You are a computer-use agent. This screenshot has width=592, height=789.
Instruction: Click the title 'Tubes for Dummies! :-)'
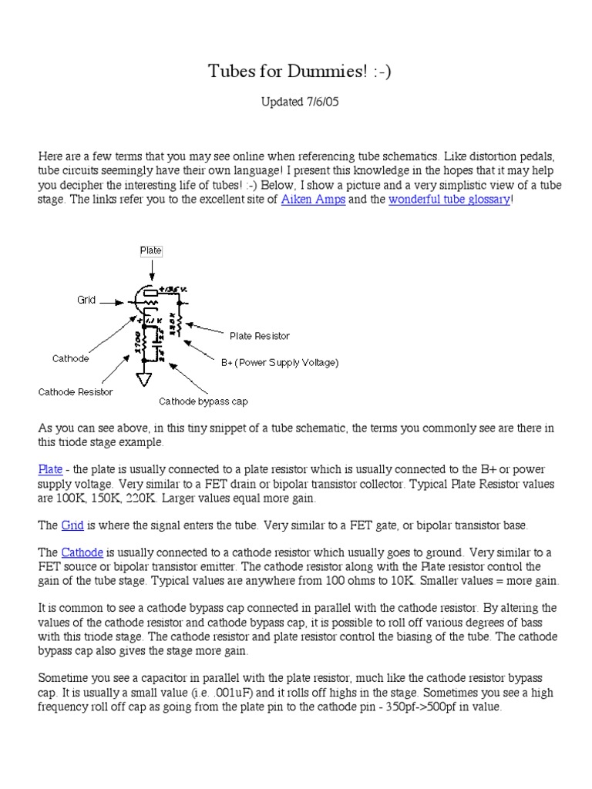coord(294,72)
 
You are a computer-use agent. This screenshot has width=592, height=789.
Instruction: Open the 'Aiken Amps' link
coord(313,200)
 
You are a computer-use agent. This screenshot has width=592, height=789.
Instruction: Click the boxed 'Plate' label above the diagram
coord(151,250)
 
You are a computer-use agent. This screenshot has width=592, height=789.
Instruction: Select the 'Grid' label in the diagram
coord(86,300)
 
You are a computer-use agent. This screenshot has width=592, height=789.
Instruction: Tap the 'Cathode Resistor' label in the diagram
coord(76,391)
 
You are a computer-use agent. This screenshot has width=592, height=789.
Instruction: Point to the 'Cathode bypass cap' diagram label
coord(203,401)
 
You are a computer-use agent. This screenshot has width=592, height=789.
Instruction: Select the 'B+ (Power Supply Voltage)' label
coord(280,362)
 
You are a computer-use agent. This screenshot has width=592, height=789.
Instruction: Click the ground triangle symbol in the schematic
coord(143,380)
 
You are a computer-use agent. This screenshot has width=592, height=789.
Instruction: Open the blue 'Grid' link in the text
coord(72,525)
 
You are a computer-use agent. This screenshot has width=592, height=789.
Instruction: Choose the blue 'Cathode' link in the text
coord(81,552)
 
